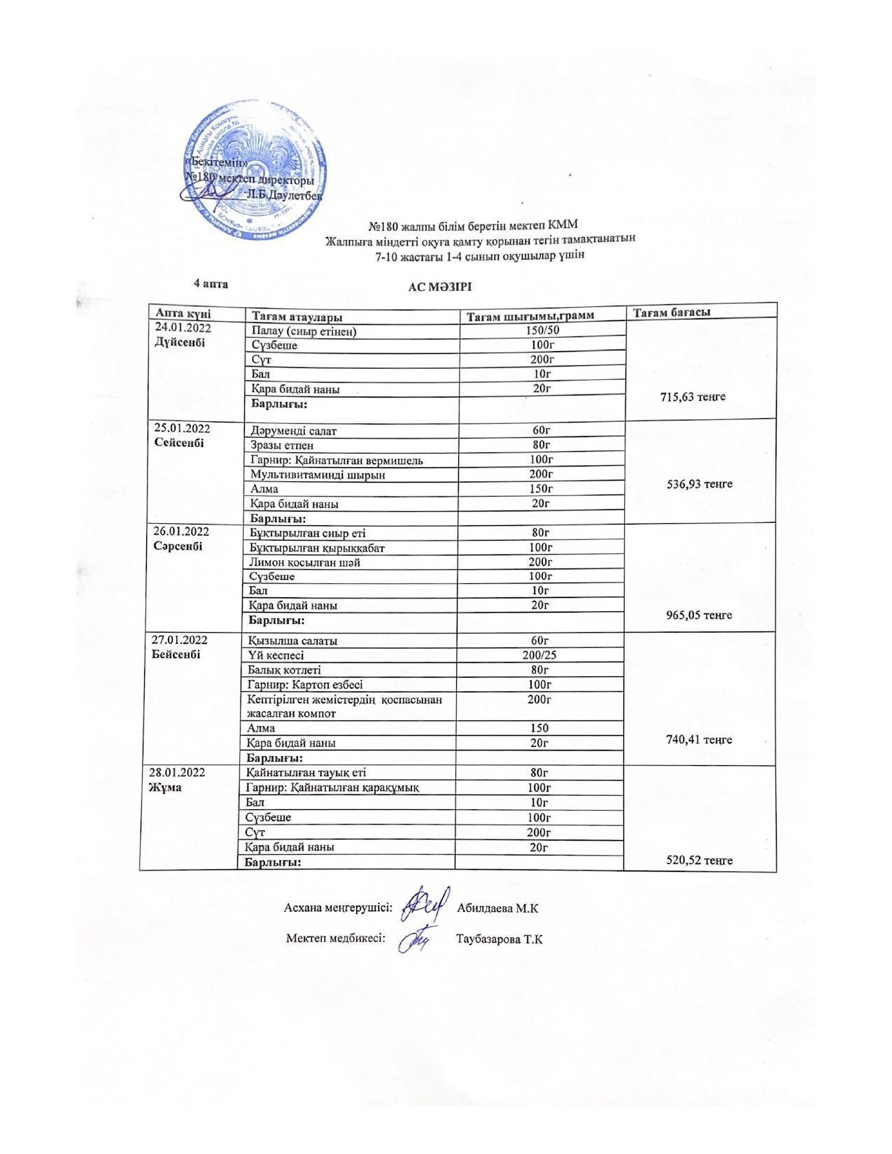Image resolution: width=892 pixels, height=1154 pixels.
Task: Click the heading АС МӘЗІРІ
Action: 441,287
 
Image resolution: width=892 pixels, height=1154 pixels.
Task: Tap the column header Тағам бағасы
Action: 672,313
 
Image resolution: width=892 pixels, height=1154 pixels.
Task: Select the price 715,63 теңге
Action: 693,397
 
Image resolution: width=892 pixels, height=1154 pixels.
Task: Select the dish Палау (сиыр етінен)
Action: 303,331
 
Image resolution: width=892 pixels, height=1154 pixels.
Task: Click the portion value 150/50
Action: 541,330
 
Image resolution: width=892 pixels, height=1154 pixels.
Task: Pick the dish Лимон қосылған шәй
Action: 305,562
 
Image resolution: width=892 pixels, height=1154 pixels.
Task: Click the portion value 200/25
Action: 539,655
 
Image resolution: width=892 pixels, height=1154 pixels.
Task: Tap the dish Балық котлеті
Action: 285,670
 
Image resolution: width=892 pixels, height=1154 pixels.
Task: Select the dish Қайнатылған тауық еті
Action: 306,773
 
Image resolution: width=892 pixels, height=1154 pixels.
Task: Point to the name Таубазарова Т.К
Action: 499,939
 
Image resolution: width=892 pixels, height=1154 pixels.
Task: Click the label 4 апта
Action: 211,284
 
